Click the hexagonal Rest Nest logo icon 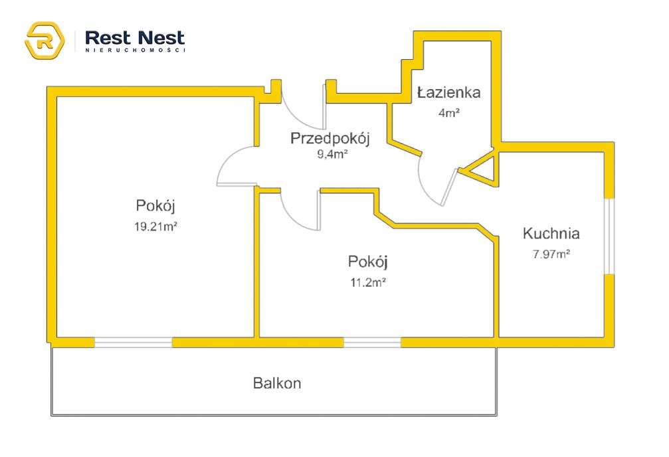pos(45,41)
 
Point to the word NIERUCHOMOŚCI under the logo pos(136,50)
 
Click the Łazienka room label pos(448,92)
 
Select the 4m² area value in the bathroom pos(449,112)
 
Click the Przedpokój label pos(330,139)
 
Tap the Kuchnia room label pos(551,234)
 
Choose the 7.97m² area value pos(551,253)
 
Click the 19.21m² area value pos(155,226)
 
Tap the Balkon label pos(277,383)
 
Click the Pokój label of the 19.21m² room pos(155,204)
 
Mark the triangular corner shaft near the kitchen pos(484,169)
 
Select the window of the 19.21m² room pos(133,343)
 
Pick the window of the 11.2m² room pos(372,343)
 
